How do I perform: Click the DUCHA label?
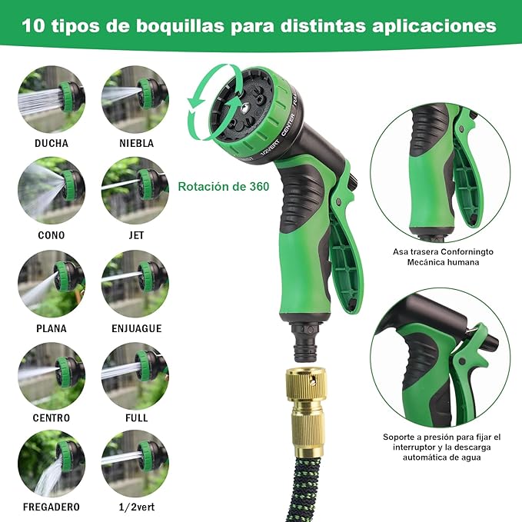pos(52,143)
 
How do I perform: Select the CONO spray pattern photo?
pos(52,191)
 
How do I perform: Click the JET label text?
pos(136,235)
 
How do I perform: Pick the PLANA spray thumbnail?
pos(52,284)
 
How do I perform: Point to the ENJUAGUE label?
pos(136,328)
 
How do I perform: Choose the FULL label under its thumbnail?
pos(136,418)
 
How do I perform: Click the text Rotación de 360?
pos(224,186)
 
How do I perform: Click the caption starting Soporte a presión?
pos(441,437)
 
